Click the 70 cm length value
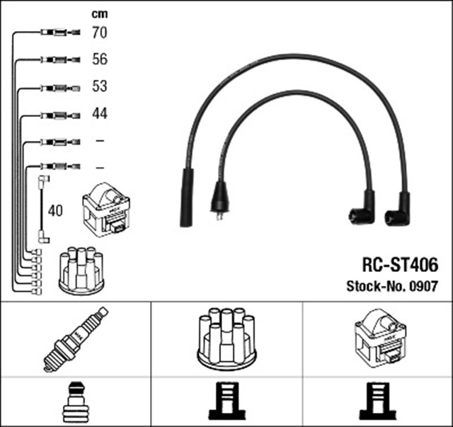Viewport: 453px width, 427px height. tap(100, 32)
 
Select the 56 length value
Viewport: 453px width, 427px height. tap(100, 59)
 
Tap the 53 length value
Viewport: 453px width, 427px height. tap(100, 86)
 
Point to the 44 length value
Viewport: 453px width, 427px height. tap(100, 113)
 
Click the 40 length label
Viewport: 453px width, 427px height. tap(55, 210)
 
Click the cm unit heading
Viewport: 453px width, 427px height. tap(99, 13)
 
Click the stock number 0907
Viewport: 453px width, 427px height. tap(423, 287)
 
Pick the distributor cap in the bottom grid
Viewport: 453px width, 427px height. tap(226, 338)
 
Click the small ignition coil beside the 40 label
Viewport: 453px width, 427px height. tap(106, 210)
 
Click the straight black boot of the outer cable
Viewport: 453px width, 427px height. tap(187, 198)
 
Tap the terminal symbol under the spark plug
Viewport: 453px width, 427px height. tap(74, 402)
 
